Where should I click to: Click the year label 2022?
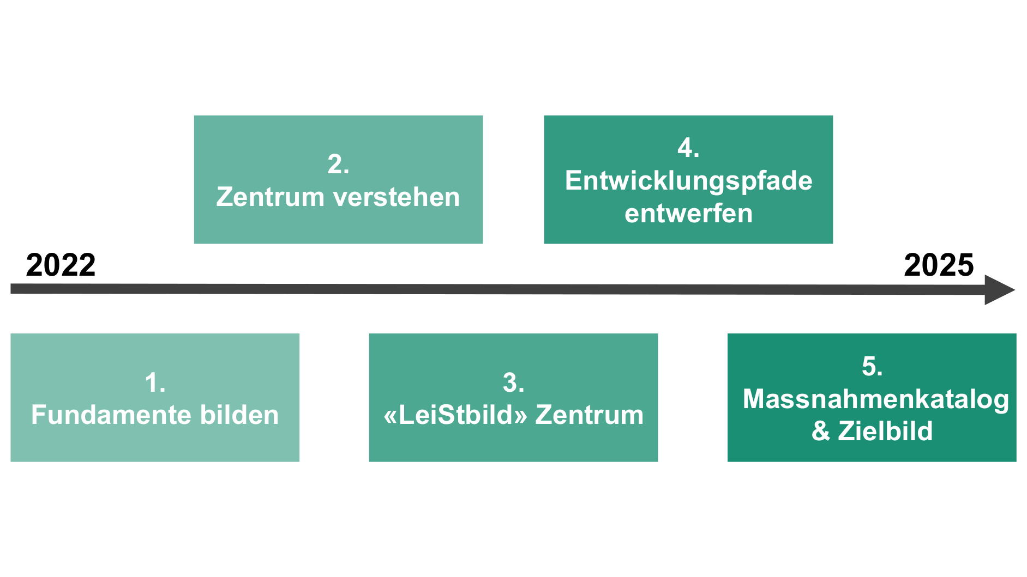(61, 265)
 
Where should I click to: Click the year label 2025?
(939, 265)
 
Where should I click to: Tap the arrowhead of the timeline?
(999, 290)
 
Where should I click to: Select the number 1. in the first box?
(155, 382)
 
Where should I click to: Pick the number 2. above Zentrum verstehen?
(338, 164)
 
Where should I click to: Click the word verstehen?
(399, 197)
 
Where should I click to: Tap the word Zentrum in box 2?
(271, 197)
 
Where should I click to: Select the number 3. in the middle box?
(513, 382)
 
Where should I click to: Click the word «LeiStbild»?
(455, 415)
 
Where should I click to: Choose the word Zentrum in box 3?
(590, 415)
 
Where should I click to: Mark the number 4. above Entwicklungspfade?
(688, 148)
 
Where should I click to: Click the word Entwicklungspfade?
(688, 181)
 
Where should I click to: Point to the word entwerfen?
(688, 213)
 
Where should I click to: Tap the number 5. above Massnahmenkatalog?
(872, 366)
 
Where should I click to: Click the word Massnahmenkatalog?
(875, 399)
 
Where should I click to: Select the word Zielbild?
(885, 431)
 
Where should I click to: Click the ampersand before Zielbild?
(821, 431)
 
